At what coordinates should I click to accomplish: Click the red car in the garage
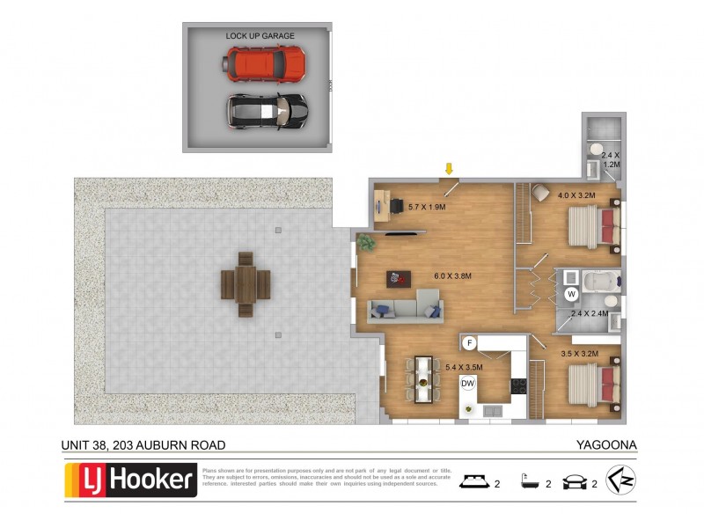266,62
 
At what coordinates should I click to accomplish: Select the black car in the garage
268,111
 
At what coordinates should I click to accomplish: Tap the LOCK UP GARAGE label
260,36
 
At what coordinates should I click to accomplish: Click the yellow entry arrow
449,168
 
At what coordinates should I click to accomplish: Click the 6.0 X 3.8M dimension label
453,276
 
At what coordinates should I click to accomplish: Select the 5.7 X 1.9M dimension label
428,207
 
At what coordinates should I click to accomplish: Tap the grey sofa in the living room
404,310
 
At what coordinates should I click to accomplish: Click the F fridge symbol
470,342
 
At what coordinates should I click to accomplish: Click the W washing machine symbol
571,293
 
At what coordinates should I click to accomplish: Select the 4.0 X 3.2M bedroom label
576,194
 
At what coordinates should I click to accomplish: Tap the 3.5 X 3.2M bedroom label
579,354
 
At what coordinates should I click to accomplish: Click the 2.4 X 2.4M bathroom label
590,313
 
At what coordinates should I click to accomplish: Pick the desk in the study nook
384,204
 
